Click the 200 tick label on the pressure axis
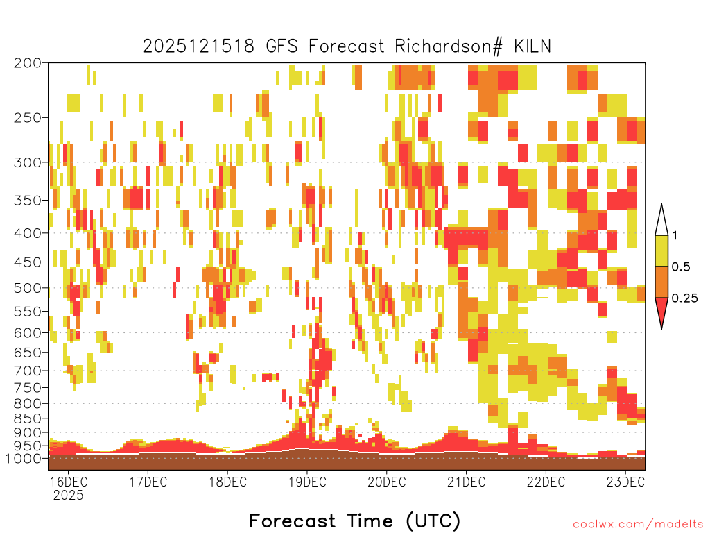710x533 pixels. (28, 63)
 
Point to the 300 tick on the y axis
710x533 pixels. (28, 162)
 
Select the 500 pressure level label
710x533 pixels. (28, 288)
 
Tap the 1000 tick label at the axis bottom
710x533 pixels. (24, 458)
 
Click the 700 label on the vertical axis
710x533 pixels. (28, 371)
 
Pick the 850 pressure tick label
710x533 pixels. (28, 418)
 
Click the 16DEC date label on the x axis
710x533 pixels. (69, 482)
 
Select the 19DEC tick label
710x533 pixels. (307, 482)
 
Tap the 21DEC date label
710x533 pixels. (467, 482)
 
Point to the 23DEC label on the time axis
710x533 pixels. (626, 482)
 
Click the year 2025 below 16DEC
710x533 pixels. (69, 495)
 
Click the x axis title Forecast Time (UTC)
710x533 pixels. (354, 521)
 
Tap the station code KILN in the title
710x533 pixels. (532, 46)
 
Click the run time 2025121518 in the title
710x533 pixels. (199, 46)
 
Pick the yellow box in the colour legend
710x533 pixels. (661, 251)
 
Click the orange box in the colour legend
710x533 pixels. (661, 282)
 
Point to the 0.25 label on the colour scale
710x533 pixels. (684, 298)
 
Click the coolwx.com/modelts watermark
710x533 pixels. (638, 525)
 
